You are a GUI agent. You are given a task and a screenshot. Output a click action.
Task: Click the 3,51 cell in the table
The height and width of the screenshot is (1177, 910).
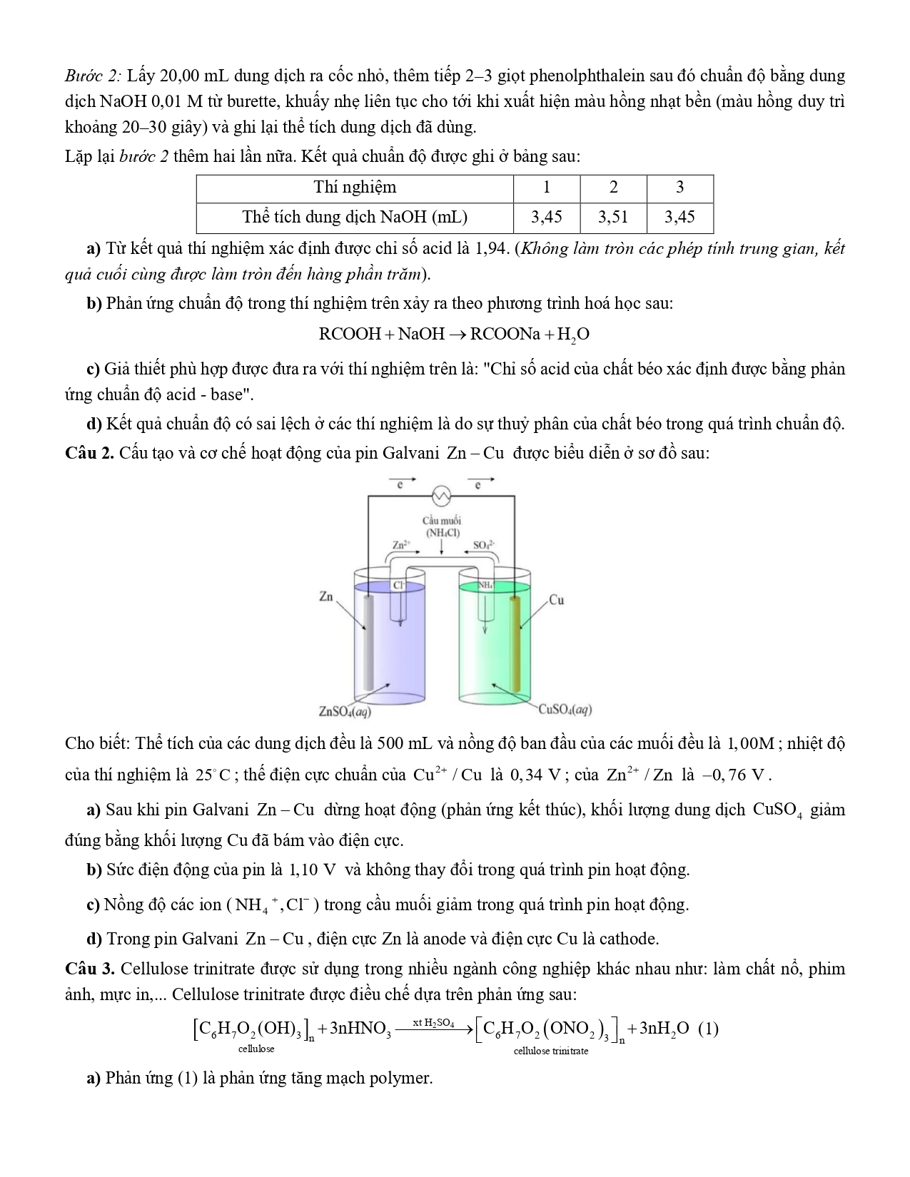(x=613, y=217)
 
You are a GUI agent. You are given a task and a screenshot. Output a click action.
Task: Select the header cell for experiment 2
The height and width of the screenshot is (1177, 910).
(x=613, y=188)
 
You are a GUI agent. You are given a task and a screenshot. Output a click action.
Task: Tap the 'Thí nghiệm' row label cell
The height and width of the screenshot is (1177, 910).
(x=355, y=188)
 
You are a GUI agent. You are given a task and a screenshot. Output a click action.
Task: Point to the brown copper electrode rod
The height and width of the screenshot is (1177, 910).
(x=515, y=642)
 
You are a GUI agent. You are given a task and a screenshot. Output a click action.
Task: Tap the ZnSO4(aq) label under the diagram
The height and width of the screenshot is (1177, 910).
(x=345, y=710)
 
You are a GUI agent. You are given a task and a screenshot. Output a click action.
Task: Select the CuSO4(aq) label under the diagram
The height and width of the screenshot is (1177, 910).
(x=565, y=710)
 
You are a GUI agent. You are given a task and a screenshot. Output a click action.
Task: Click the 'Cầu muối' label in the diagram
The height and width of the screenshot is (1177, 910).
(x=442, y=521)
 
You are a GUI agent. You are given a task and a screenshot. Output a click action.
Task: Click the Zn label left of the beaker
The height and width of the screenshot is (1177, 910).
(x=326, y=596)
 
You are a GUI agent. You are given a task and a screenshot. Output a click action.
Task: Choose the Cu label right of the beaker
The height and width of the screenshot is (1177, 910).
(x=557, y=600)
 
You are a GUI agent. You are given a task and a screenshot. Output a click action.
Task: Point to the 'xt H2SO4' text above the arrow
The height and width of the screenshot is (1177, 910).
(x=433, y=1023)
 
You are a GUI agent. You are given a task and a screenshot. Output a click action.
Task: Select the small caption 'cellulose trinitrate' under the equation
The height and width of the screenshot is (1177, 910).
(x=551, y=1051)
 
